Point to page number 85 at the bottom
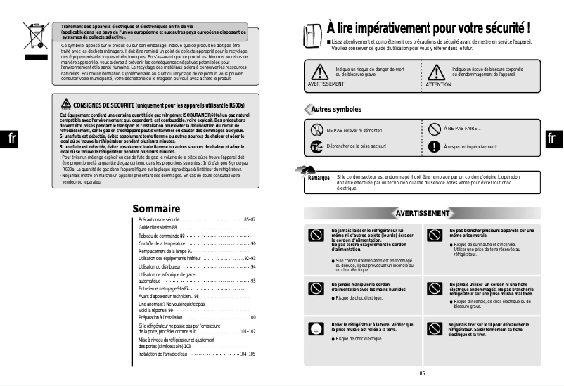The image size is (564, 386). click(422, 373)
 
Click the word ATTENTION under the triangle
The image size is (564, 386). click(439, 84)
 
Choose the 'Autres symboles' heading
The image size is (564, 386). click(336, 110)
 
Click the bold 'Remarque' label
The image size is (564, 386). click(319, 178)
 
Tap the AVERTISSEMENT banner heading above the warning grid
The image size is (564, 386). click(422, 213)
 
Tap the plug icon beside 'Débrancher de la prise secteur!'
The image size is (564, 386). click(316, 146)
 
